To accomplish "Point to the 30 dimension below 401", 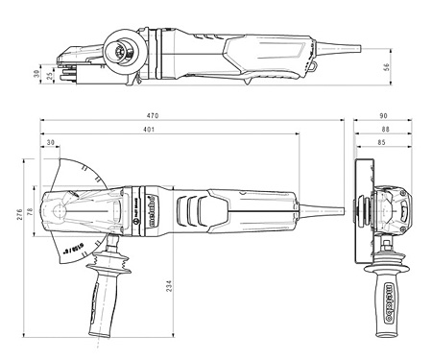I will click(x=50, y=144).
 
